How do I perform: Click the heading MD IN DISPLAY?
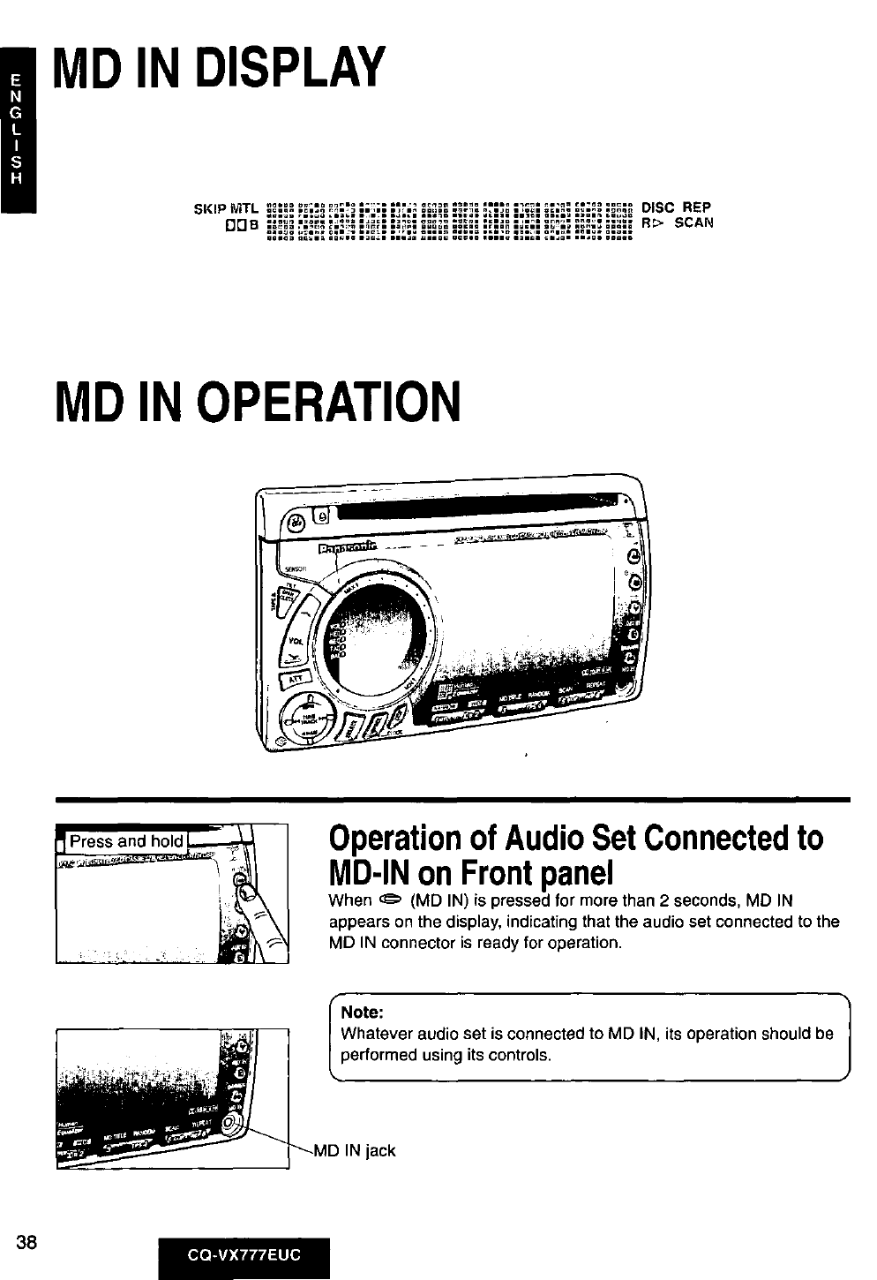pyautogui.click(x=220, y=68)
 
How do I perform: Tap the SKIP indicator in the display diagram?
pyautogui.click(x=207, y=208)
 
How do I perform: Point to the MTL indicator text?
pyautogui.click(x=242, y=208)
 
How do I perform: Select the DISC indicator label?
pyautogui.click(x=658, y=208)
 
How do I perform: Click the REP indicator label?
pyautogui.click(x=697, y=208)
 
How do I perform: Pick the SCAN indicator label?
pyautogui.click(x=693, y=223)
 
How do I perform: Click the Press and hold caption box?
pyautogui.click(x=126, y=841)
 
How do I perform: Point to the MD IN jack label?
pyautogui.click(x=356, y=1150)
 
